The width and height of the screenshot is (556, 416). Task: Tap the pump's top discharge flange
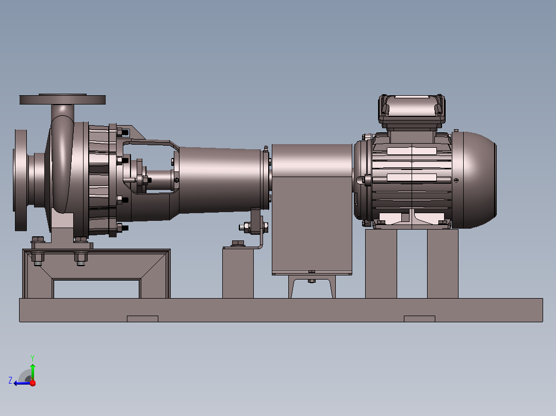coord(62,99)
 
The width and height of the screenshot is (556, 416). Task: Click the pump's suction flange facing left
coord(20,180)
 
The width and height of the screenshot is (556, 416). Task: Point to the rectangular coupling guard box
coord(312,209)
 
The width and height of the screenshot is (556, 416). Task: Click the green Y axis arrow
coord(32,372)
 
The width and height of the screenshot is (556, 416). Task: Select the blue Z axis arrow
coord(22,383)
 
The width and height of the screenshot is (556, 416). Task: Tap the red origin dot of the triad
coord(32,383)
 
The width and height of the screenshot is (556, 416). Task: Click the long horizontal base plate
coord(281,310)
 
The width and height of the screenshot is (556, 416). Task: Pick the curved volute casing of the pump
coord(62,163)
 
